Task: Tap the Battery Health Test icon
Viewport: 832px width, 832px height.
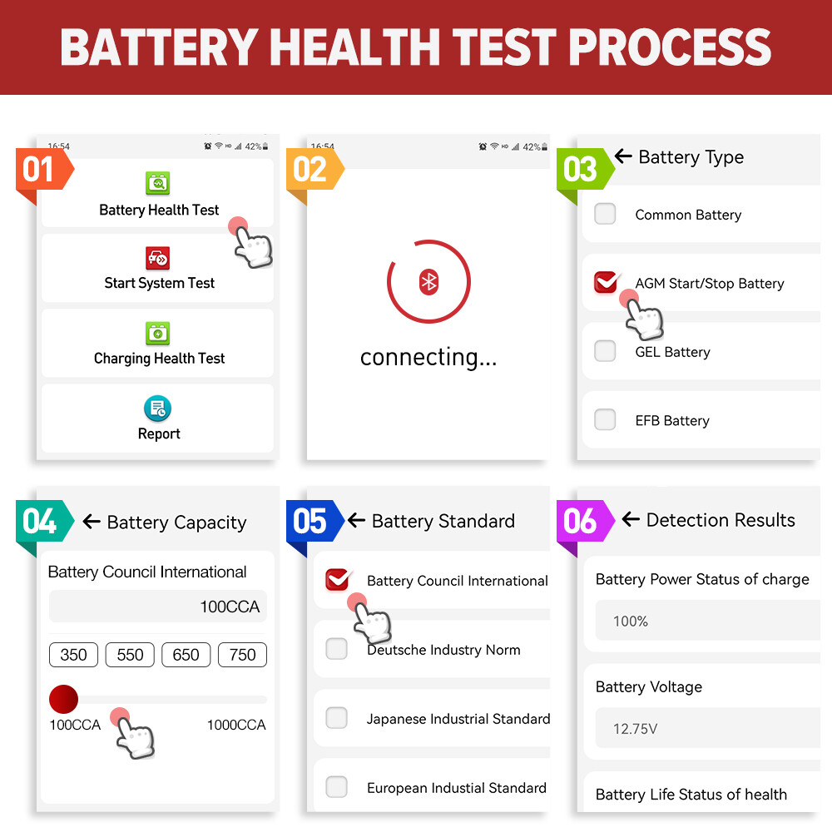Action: click(157, 182)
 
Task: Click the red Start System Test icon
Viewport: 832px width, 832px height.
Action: click(157, 257)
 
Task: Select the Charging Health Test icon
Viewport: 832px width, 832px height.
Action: click(157, 333)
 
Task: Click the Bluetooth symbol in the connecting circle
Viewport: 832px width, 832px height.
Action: click(428, 282)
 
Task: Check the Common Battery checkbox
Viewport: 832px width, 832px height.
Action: click(605, 214)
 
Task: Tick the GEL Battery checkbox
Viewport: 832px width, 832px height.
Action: click(605, 351)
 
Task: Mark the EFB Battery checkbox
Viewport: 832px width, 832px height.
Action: click(605, 419)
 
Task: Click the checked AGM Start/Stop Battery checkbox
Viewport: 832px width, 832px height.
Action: click(606, 283)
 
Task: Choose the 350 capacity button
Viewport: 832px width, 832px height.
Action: click(74, 655)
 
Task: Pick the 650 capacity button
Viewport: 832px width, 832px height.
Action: click(186, 655)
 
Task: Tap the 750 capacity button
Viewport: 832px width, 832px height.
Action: click(242, 655)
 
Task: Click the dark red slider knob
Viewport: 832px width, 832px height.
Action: click(63, 699)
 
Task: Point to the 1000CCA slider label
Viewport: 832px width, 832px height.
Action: click(236, 725)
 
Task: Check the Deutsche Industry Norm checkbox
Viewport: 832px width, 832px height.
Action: click(336, 649)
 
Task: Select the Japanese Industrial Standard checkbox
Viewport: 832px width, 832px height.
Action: click(336, 717)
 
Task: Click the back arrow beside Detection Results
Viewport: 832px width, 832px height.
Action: click(631, 520)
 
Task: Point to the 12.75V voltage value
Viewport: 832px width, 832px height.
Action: click(636, 729)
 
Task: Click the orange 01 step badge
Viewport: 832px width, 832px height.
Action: click(38, 170)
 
